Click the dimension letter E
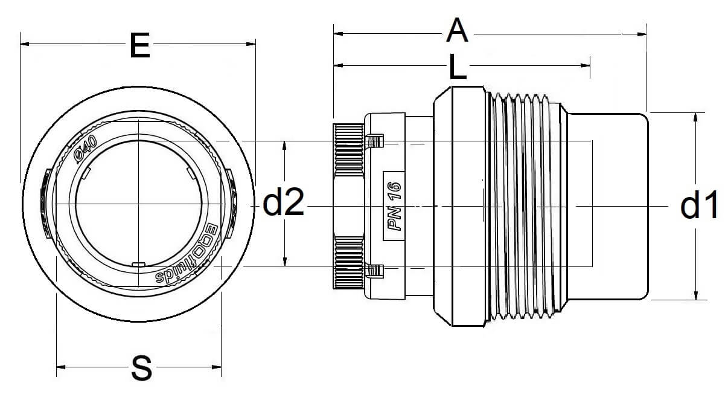139,47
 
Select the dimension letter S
141,367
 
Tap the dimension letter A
457,31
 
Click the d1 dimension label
699,206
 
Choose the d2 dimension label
283,204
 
